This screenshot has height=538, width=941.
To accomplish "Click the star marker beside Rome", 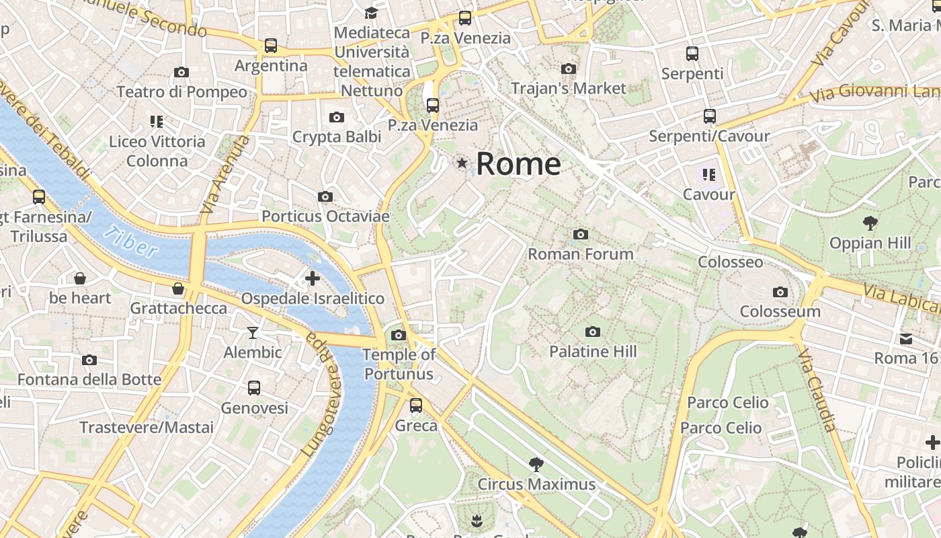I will click(x=462, y=163).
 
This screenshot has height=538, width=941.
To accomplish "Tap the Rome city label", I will click(x=518, y=164).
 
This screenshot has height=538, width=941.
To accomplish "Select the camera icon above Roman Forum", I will click(x=581, y=234).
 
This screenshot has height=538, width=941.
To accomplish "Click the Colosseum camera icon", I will click(x=780, y=292).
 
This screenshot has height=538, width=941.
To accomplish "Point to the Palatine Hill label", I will click(x=592, y=351).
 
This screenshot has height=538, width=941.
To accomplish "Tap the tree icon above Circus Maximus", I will click(x=536, y=463).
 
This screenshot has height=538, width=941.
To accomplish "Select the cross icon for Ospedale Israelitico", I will click(x=312, y=278).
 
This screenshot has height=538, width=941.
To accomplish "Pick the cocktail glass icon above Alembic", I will click(x=252, y=332).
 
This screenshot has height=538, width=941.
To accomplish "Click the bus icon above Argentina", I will click(x=270, y=45).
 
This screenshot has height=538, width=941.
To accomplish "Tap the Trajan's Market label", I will click(x=568, y=88).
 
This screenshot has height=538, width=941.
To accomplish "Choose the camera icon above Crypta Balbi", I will click(x=336, y=117).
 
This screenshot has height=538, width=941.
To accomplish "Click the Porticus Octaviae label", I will click(x=325, y=217).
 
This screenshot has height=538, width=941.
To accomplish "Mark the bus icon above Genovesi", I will click(x=253, y=387).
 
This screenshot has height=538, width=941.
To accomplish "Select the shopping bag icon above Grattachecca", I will click(x=177, y=289).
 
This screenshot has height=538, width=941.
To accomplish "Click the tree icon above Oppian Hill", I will click(x=870, y=222).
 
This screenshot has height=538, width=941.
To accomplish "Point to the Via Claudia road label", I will click(x=819, y=389).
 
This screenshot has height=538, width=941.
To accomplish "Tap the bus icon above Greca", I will click(x=416, y=405).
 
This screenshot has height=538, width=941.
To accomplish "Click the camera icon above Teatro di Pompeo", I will click(x=181, y=72).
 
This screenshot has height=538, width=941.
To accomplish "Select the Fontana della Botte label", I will click(x=89, y=379).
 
